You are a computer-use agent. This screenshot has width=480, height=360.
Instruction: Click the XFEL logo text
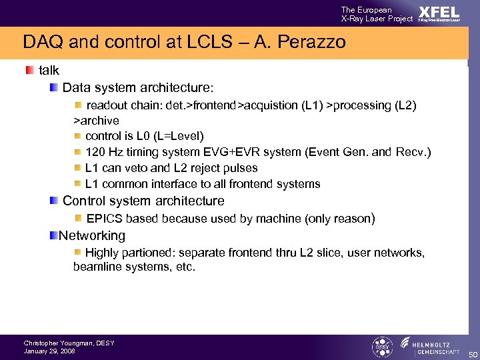click(439, 13)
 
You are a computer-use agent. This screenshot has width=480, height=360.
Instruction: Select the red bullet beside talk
click(29, 70)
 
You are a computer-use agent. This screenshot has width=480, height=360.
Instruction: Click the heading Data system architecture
click(138, 87)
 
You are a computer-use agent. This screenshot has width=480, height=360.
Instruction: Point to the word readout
click(107, 105)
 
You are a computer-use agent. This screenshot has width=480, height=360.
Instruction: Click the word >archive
click(96, 121)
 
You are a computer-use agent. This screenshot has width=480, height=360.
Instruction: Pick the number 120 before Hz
click(95, 152)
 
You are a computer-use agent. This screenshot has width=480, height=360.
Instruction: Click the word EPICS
click(105, 219)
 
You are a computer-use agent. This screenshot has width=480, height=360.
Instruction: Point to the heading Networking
click(92, 235)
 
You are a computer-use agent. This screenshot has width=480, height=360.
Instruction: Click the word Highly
click(103, 253)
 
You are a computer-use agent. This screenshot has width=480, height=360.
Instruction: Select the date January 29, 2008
click(49, 351)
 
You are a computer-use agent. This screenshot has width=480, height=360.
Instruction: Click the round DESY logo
click(381, 347)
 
